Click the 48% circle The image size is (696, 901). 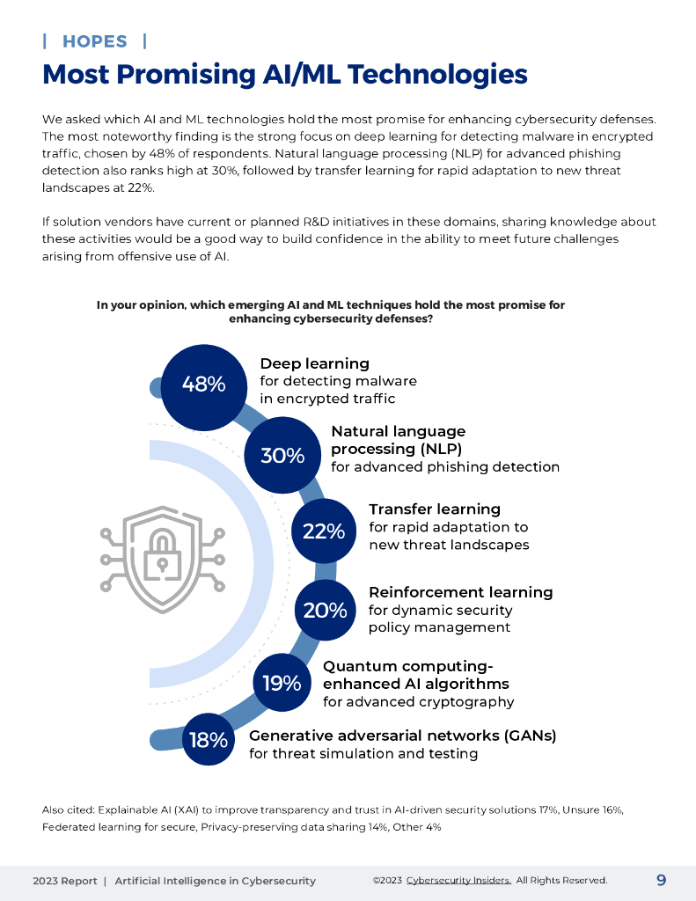(x=204, y=385)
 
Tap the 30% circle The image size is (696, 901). (x=282, y=455)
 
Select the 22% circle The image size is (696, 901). (x=324, y=531)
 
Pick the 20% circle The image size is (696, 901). (x=325, y=610)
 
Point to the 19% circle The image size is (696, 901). (x=282, y=683)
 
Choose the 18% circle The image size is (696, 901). (x=209, y=740)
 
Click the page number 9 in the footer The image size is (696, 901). (x=661, y=880)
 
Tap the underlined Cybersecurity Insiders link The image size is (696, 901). (x=458, y=881)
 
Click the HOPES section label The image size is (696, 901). (x=95, y=41)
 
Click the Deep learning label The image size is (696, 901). (x=314, y=363)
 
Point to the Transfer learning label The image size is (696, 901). (x=435, y=509)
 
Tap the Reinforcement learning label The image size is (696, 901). (x=460, y=592)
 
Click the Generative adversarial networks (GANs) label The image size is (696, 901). (x=403, y=736)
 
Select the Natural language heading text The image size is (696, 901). (x=398, y=431)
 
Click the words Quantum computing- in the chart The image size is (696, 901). (x=408, y=666)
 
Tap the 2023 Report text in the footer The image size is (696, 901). (x=64, y=881)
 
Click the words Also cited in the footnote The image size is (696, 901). (x=68, y=809)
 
